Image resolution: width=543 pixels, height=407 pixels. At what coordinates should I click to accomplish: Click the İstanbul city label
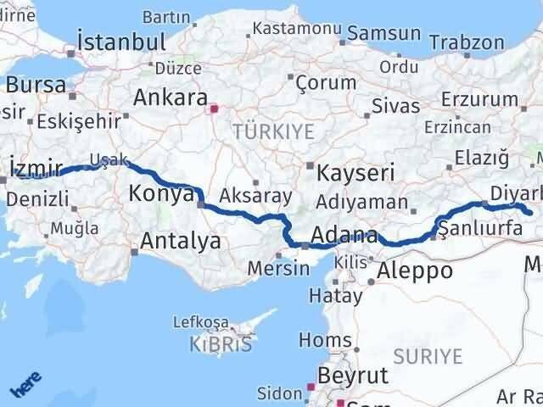(x=120, y=42)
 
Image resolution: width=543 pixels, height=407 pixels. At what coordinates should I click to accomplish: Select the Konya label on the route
(x=161, y=194)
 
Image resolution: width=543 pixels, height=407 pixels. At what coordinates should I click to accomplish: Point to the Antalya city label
(x=180, y=241)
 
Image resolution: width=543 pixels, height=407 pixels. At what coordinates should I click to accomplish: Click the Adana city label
(x=344, y=234)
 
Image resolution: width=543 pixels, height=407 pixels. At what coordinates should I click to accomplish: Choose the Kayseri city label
(x=355, y=173)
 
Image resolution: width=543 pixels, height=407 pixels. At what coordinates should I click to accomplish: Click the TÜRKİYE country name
(x=274, y=131)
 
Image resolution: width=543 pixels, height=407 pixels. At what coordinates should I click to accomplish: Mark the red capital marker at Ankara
(x=213, y=109)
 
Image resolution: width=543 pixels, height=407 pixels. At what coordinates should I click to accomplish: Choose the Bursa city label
(x=36, y=84)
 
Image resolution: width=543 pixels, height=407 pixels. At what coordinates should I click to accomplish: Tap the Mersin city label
(x=279, y=268)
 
